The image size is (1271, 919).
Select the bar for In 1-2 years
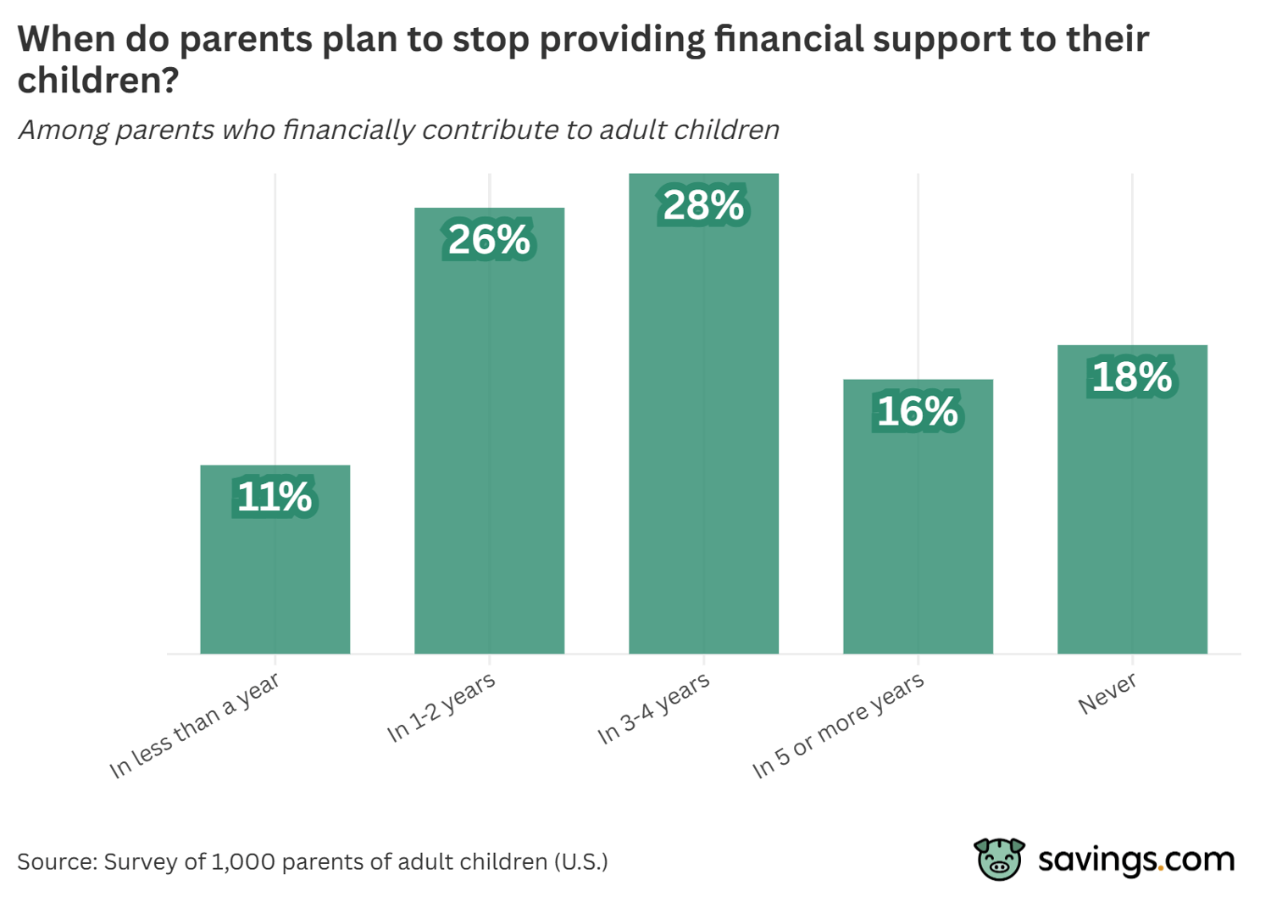489,449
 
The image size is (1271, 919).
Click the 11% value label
275,497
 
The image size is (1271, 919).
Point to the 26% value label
489,240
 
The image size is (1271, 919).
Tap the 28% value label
703,205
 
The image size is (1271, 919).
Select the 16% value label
918,411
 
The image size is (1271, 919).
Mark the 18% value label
1132,377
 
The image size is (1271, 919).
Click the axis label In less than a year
195,727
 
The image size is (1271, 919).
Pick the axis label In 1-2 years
441,709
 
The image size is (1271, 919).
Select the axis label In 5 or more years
838,727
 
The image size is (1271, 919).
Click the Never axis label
1107,694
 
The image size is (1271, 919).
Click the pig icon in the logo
999,859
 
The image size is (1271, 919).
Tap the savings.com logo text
1136,860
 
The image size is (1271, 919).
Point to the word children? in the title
98,81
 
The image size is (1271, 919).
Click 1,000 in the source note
242,862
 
